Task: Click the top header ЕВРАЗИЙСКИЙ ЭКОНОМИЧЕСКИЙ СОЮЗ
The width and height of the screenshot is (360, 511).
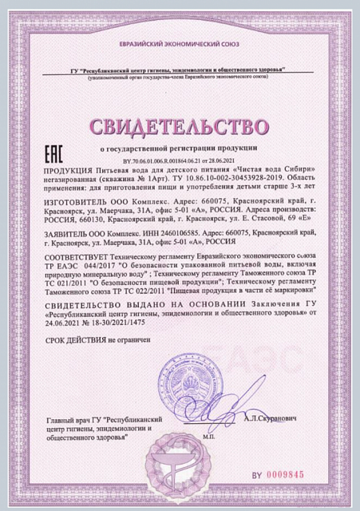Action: pos(180,48)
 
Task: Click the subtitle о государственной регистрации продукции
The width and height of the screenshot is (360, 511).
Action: pos(180,149)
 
